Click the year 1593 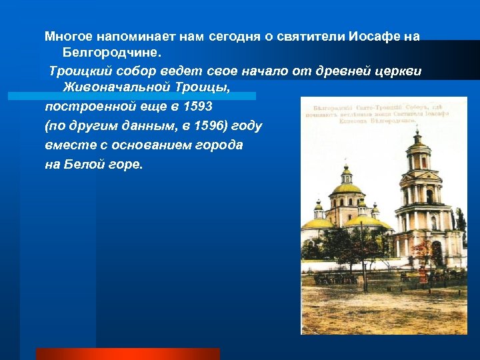coord(195,107)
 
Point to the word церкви coord(399,71)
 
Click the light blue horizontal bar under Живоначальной coord(131,96)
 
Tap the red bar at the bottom coord(127,353)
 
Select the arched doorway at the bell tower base coord(435,253)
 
